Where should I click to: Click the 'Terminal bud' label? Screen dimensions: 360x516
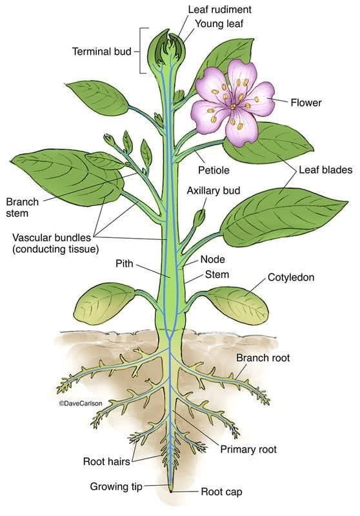click(102, 52)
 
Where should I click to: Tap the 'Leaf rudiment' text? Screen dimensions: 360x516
click(220, 10)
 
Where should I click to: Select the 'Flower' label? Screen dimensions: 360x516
click(306, 103)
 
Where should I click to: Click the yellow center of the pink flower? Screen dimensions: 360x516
click(233, 106)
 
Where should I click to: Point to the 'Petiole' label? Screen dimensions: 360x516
click(214, 170)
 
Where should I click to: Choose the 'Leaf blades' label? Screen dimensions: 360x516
click(325, 170)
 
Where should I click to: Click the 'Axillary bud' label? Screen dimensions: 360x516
click(214, 190)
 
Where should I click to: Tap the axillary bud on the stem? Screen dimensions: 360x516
click(199, 218)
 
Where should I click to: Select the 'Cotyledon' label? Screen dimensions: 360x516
click(291, 277)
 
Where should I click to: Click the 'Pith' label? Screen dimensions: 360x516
click(125, 263)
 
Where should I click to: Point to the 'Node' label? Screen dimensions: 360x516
click(213, 259)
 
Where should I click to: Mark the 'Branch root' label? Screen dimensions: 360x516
click(263, 358)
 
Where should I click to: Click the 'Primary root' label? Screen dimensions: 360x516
click(248, 449)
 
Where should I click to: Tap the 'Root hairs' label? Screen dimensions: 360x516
click(106, 461)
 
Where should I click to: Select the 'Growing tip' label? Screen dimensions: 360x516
click(116, 486)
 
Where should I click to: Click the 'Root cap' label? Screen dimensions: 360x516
click(221, 492)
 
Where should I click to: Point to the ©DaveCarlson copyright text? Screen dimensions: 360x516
click(81, 403)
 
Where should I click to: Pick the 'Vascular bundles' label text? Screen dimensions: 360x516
click(52, 237)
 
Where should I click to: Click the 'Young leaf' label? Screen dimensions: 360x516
click(219, 24)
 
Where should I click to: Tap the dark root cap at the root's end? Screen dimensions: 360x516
click(171, 491)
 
